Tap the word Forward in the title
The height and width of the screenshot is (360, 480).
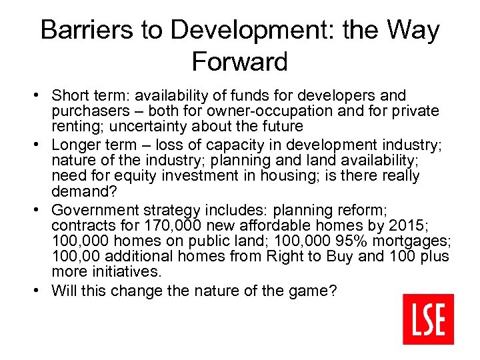coord(239,61)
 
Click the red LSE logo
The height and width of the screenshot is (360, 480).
coord(428,319)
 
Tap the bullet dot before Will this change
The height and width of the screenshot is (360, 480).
coord(41,290)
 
